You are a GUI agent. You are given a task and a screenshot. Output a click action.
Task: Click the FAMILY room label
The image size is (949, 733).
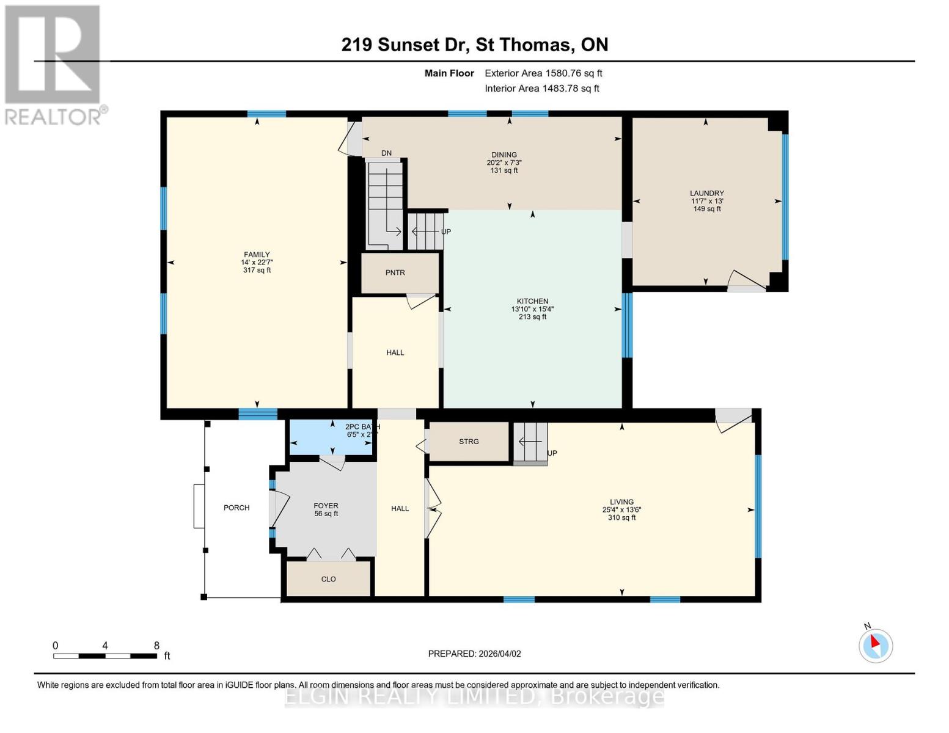(257, 255)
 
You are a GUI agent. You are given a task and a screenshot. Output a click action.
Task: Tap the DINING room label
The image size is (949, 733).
(504, 155)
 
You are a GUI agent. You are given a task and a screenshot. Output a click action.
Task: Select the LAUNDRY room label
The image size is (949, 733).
(707, 193)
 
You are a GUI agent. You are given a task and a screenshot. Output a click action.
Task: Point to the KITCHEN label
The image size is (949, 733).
(532, 301)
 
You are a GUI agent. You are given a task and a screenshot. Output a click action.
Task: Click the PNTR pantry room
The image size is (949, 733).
(395, 273)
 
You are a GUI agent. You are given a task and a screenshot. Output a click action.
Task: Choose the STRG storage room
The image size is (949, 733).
(469, 442)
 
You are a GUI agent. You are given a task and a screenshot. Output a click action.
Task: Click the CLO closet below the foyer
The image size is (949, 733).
(329, 579)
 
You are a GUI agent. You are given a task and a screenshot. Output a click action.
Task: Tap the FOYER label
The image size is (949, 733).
(326, 506)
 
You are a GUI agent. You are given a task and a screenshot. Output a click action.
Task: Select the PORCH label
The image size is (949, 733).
(236, 508)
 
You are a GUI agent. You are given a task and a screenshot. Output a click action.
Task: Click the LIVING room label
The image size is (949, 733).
(621, 502)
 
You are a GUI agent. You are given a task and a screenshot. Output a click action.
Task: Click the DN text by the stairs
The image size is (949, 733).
(386, 153)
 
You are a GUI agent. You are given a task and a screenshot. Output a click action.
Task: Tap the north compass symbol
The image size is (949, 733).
(876, 644)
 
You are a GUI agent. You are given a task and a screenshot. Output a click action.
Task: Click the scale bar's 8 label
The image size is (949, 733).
(156, 646)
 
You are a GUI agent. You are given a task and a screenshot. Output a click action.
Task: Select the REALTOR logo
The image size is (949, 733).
(54, 64)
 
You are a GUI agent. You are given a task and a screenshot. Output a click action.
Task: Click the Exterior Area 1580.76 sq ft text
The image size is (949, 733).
(543, 73)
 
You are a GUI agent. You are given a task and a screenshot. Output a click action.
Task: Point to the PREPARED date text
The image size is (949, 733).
(474, 654)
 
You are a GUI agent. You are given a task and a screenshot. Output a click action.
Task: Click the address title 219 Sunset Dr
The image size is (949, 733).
(474, 45)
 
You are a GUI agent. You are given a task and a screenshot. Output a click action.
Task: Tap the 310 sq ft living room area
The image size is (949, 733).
(621, 518)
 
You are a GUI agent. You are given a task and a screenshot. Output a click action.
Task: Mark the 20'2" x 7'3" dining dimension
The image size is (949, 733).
(504, 163)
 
